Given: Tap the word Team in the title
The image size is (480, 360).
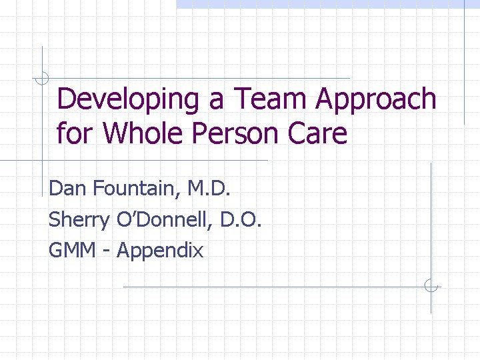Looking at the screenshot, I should (272, 100).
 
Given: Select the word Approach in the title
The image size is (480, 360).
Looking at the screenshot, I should (376, 100).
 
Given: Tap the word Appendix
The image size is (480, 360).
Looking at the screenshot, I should (160, 250).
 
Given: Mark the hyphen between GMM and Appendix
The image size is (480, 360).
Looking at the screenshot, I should (107, 251).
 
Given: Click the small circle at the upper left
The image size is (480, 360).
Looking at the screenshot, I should (42, 79).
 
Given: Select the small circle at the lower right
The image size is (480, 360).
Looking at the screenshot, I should (431, 287).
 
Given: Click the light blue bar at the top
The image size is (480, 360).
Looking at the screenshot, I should (327, 4).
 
